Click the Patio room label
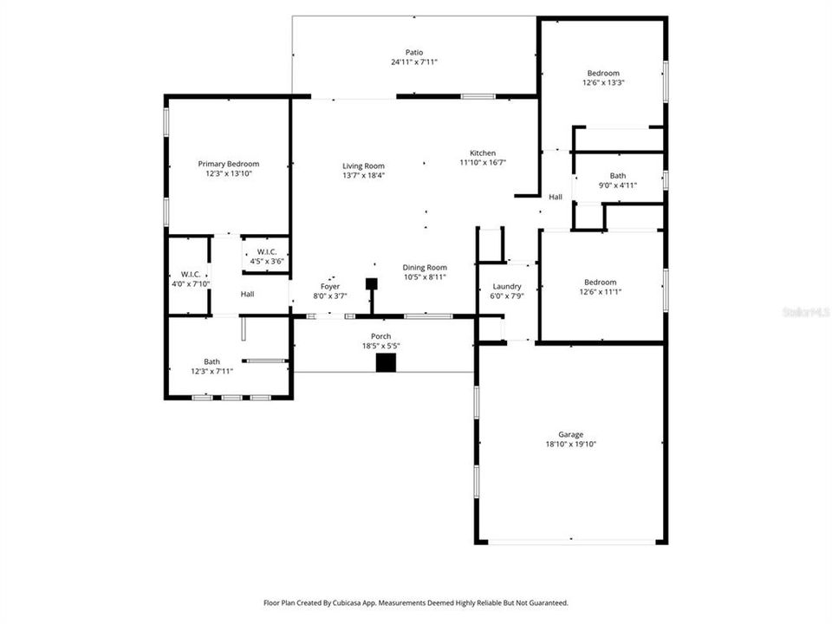pyautogui.click(x=413, y=52)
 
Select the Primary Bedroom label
pyautogui.click(x=228, y=164)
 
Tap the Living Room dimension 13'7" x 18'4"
pyautogui.click(x=363, y=176)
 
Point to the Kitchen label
pyautogui.click(x=483, y=153)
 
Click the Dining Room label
pyautogui.click(x=425, y=268)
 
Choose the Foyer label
pyautogui.click(x=330, y=286)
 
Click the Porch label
pyautogui.click(x=380, y=336)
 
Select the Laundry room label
pyautogui.click(x=506, y=286)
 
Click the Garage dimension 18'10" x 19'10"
pyautogui.click(x=570, y=445)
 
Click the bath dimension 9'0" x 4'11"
pyautogui.click(x=617, y=185)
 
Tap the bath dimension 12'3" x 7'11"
pyautogui.click(x=211, y=372)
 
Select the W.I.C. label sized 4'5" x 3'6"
pyautogui.click(x=266, y=261)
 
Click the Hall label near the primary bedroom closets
pyautogui.click(x=248, y=295)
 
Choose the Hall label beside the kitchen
pyautogui.click(x=556, y=198)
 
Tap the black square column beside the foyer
pyautogui.click(x=372, y=283)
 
